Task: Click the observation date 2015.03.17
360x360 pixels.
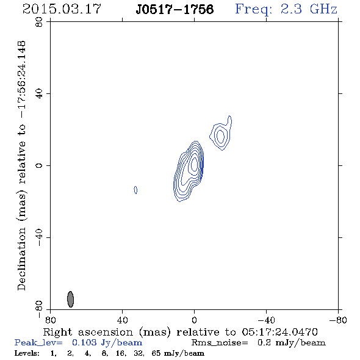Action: click(x=62, y=9)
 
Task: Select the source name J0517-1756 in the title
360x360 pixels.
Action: click(x=175, y=10)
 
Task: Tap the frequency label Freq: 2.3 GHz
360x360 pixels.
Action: click(x=286, y=9)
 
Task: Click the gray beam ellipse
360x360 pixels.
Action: click(x=71, y=299)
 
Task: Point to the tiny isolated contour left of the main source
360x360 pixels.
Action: click(x=135, y=190)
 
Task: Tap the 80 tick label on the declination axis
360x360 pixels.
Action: click(x=39, y=22)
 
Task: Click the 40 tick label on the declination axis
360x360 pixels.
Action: click(x=39, y=94)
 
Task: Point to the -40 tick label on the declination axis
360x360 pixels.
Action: click(x=39, y=237)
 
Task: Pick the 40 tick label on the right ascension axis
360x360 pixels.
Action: click(x=122, y=320)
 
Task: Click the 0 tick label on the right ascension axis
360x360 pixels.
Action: click(x=194, y=320)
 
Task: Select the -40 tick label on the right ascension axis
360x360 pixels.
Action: click(x=266, y=320)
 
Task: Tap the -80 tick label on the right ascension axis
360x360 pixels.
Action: click(x=338, y=320)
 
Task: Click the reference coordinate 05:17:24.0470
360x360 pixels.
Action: click(x=280, y=332)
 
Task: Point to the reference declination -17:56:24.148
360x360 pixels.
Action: click(x=21, y=80)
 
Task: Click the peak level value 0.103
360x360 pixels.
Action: click(x=84, y=342)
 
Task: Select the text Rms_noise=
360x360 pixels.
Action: click(x=220, y=343)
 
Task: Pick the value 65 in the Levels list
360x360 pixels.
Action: click(x=156, y=353)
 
